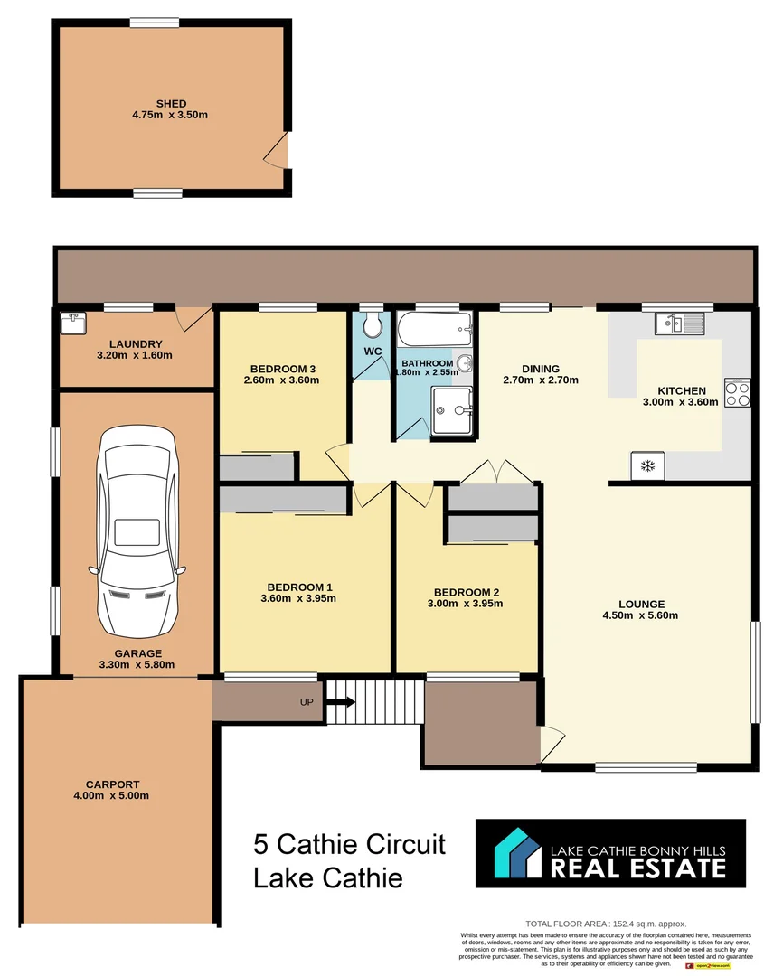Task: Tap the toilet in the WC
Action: point(373,327)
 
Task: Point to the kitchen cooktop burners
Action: point(737,393)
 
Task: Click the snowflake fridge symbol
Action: point(646,466)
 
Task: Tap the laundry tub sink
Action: point(72,322)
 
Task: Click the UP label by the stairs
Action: point(307,701)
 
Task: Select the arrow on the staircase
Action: point(342,700)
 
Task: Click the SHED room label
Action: point(171,104)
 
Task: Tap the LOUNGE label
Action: point(642,604)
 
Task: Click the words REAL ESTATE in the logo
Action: point(638,868)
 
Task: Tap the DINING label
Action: point(541,369)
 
